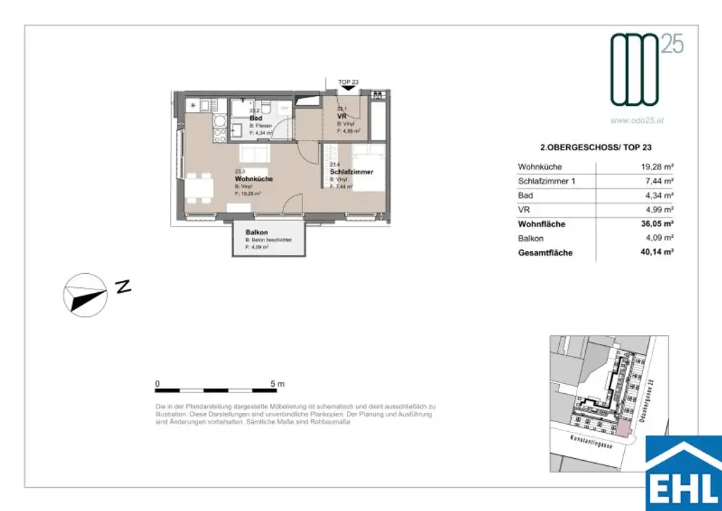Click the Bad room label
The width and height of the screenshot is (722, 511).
pos(256,118)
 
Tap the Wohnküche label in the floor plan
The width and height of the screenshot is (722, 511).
pos(253,179)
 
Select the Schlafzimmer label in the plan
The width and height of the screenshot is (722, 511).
pos(351,172)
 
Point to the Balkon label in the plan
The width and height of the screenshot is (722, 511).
pos(256,233)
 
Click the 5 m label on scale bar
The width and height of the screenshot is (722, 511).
pos(276,384)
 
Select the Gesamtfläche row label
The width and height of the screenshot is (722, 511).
pos(545,253)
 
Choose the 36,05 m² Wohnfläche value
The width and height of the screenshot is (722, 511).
pos(655,224)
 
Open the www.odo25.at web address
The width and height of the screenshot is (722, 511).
pos(637,121)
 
